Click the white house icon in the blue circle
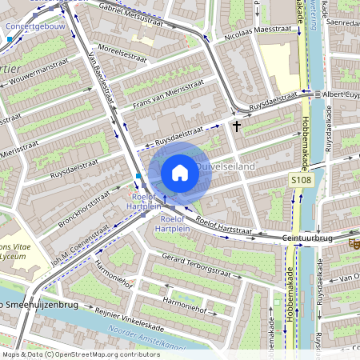point(180,172)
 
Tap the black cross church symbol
point(236,126)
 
